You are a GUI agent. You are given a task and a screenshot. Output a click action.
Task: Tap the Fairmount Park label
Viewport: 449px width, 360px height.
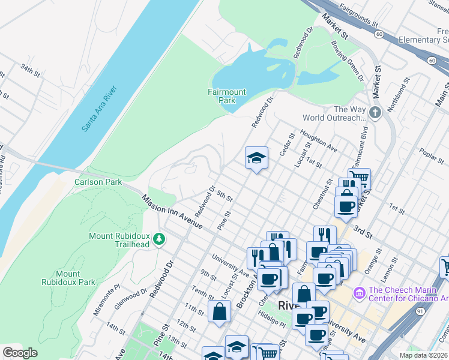pyautogui.click(x=226, y=96)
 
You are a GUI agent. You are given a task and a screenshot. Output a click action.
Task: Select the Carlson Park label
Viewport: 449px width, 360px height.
pyautogui.click(x=98, y=182)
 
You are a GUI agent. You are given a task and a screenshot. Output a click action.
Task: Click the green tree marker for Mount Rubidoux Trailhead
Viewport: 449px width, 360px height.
pyautogui.click(x=159, y=239)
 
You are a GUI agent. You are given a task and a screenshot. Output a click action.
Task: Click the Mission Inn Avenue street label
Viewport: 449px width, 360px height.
pyautogui.click(x=172, y=213)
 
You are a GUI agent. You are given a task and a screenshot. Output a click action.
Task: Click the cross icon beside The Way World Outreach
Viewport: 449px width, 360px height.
pyautogui.click(x=375, y=113)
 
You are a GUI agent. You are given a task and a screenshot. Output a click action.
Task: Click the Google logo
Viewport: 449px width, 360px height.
pyautogui.click(x=20, y=353)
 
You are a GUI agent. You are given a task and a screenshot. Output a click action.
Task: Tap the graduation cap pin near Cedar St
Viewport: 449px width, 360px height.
pyautogui.click(x=256, y=158)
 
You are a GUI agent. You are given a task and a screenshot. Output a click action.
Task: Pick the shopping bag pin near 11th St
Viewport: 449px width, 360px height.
pyautogui.click(x=219, y=311)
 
